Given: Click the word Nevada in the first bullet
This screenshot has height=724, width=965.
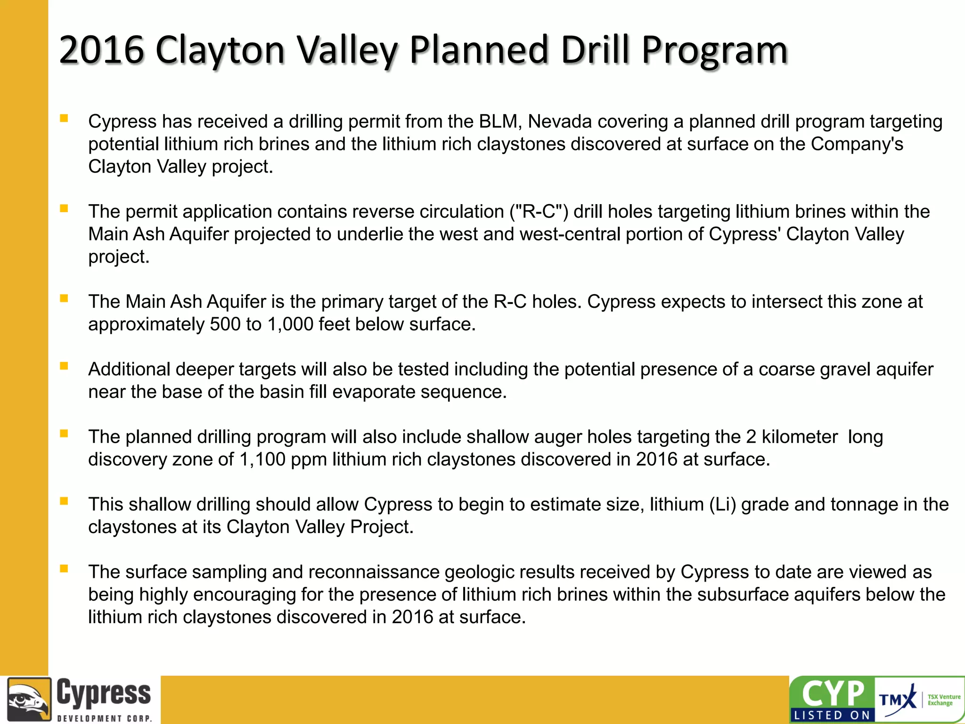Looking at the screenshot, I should click(x=560, y=122).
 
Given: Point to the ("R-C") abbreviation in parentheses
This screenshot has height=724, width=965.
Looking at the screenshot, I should click(x=539, y=212).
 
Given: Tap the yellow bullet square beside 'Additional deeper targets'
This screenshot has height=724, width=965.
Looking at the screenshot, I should click(x=64, y=366).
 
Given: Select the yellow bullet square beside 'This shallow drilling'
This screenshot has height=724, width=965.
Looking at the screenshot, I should click(x=64, y=501).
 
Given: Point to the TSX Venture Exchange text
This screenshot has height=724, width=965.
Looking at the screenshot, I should click(x=943, y=700).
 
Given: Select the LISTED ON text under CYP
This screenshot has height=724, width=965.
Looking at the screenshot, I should click(x=832, y=716).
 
